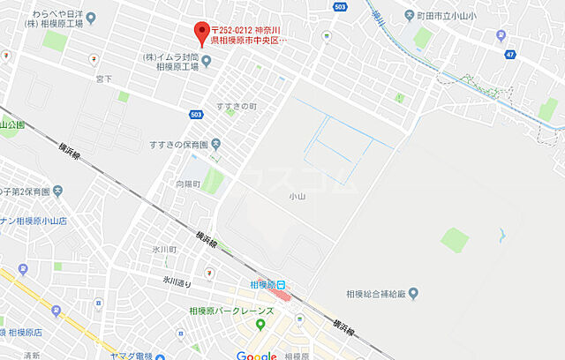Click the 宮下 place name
coord(104,79)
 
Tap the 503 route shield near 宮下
coord(196,115)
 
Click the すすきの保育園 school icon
coord(216,144)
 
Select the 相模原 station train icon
coord(281,285)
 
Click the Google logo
coord(256,355)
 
